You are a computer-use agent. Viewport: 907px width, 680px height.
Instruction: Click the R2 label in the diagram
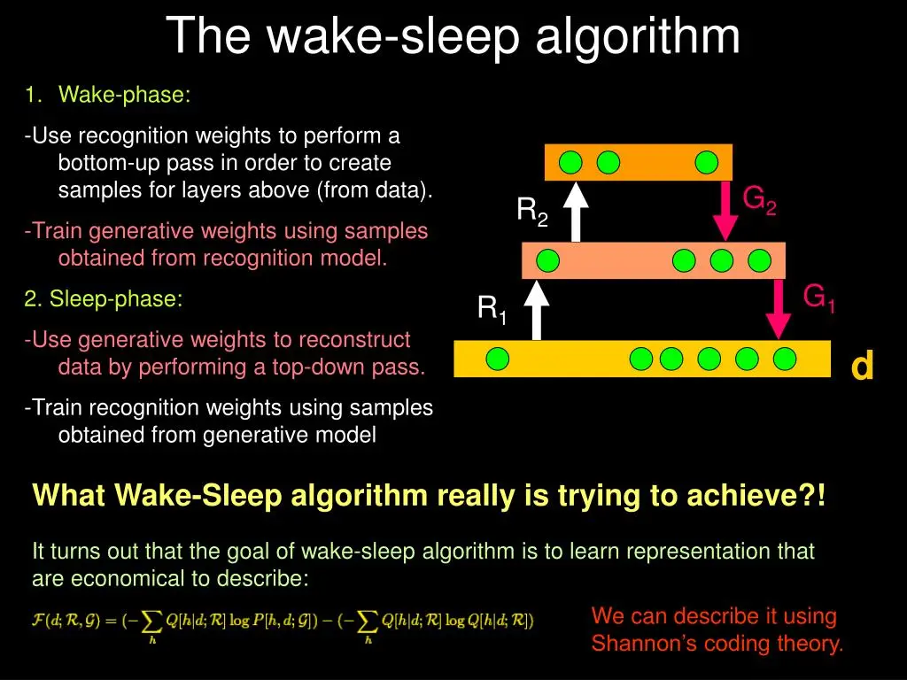tap(532, 212)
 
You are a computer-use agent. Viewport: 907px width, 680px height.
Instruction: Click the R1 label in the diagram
tap(492, 310)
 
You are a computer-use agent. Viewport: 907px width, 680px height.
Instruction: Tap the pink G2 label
tap(759, 201)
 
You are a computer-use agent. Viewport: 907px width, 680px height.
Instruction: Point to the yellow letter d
tap(862, 366)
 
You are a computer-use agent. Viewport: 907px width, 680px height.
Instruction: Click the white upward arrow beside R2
tap(576, 212)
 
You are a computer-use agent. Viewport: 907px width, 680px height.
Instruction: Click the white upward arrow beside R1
tap(537, 310)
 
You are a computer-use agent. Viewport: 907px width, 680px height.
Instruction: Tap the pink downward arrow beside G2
tap(725, 211)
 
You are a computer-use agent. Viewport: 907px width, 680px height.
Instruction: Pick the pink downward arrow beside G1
tap(779, 309)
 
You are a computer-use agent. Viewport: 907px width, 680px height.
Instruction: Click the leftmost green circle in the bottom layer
tap(498, 359)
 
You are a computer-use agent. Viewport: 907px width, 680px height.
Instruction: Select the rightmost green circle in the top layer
tap(706, 163)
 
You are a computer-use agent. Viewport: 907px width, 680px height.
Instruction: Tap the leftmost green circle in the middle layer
tap(547, 261)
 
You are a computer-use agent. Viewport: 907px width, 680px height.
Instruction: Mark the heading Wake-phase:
tap(124, 95)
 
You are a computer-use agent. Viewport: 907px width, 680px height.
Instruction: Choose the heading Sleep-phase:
tap(116, 299)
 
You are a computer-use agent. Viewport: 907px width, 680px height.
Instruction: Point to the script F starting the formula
tap(37, 621)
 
